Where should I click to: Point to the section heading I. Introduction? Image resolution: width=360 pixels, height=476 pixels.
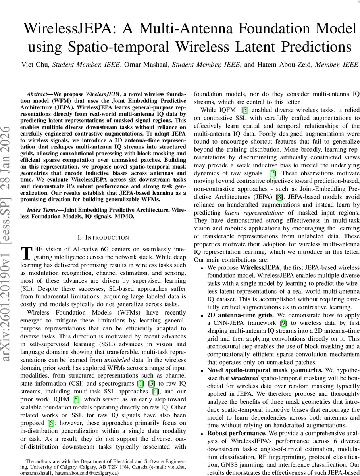103,237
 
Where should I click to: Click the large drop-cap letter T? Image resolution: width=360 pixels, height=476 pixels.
25,253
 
